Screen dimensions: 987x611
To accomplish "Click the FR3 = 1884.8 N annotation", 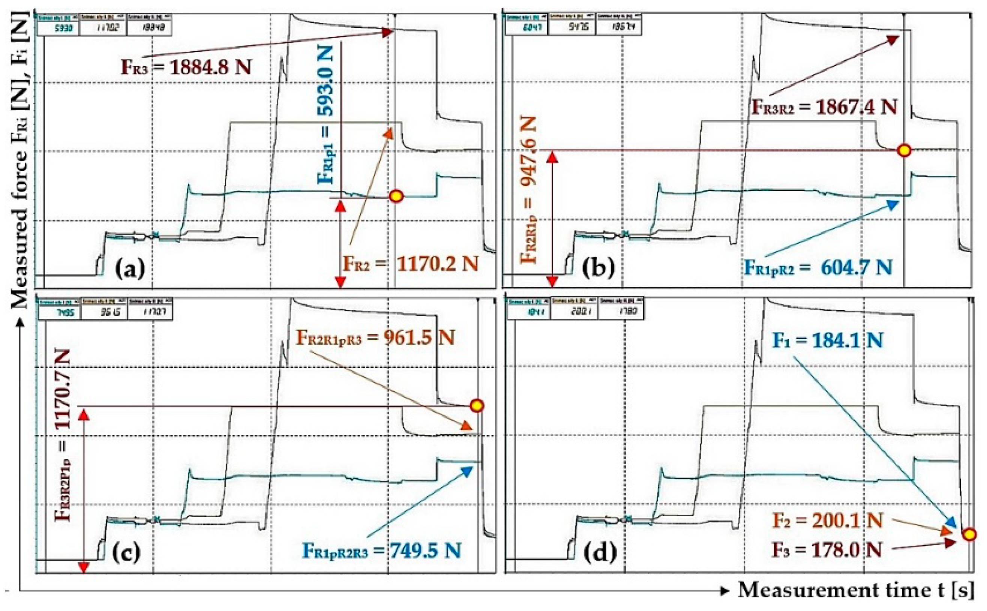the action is tap(186, 67).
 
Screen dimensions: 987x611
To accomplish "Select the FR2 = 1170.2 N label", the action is tap(410, 264).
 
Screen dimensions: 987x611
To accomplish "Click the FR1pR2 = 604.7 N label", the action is tap(818, 268).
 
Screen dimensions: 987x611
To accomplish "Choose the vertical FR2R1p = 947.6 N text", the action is tap(529, 190).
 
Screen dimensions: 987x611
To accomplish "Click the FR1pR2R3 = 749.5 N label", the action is tap(382, 550).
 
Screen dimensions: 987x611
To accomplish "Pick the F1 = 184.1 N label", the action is tap(827, 341).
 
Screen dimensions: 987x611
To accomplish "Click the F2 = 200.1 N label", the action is tap(827, 521).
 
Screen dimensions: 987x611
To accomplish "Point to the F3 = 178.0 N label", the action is tap(827, 550).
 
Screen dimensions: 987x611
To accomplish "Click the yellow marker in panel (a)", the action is tap(396, 196).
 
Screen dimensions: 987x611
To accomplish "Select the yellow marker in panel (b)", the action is tap(904, 150).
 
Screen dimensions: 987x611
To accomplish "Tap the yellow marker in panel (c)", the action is tap(477, 405).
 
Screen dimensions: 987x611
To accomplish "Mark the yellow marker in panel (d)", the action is tap(969, 535).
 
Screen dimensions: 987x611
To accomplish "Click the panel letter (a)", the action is tap(130, 268).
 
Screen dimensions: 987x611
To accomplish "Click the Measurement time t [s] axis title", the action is tap(856, 590).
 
